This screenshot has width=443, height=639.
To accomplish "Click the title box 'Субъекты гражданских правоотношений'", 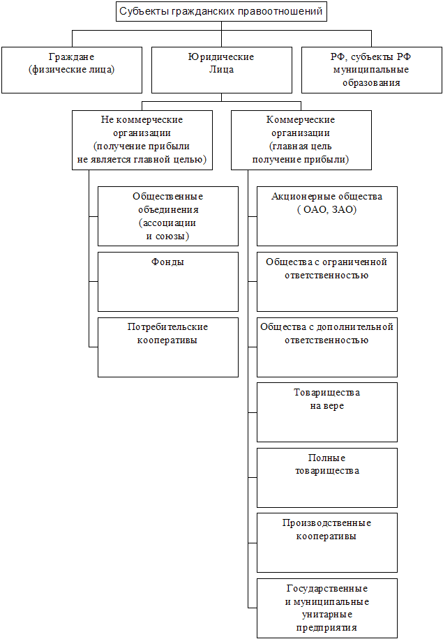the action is tap(221, 11).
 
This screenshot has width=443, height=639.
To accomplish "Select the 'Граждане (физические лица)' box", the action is tap(72, 70).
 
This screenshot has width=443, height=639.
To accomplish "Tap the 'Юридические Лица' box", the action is tap(222, 70).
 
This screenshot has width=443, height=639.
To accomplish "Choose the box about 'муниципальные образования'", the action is tap(372, 70).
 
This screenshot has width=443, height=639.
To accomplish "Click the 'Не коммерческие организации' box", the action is tap(142, 140).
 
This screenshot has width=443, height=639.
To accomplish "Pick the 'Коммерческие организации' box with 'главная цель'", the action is tap(301, 140).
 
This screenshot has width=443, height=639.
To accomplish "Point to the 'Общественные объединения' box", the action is tap(168, 216).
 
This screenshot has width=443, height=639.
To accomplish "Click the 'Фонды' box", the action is tap(168, 282).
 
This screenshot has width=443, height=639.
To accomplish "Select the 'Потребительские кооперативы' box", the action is tap(168, 347).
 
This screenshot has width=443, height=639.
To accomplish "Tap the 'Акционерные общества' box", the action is tap(327, 216).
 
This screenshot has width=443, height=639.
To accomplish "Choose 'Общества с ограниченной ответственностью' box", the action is tap(327, 282).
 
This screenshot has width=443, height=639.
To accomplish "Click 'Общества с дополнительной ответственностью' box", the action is tap(327, 347).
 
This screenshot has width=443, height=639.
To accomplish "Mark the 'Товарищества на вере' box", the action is tap(327, 412).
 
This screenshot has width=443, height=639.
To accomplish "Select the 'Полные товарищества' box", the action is tap(327, 478).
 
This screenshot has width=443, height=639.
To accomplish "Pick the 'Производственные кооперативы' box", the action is tap(327, 543).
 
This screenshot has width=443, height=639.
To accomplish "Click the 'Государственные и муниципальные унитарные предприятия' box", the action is tap(327, 608).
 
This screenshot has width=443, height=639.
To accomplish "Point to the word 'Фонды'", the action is tap(167, 262).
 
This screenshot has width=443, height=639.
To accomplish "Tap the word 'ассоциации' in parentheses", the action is tap(169, 223).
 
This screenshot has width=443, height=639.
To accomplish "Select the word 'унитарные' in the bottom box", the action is tap(327, 615).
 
